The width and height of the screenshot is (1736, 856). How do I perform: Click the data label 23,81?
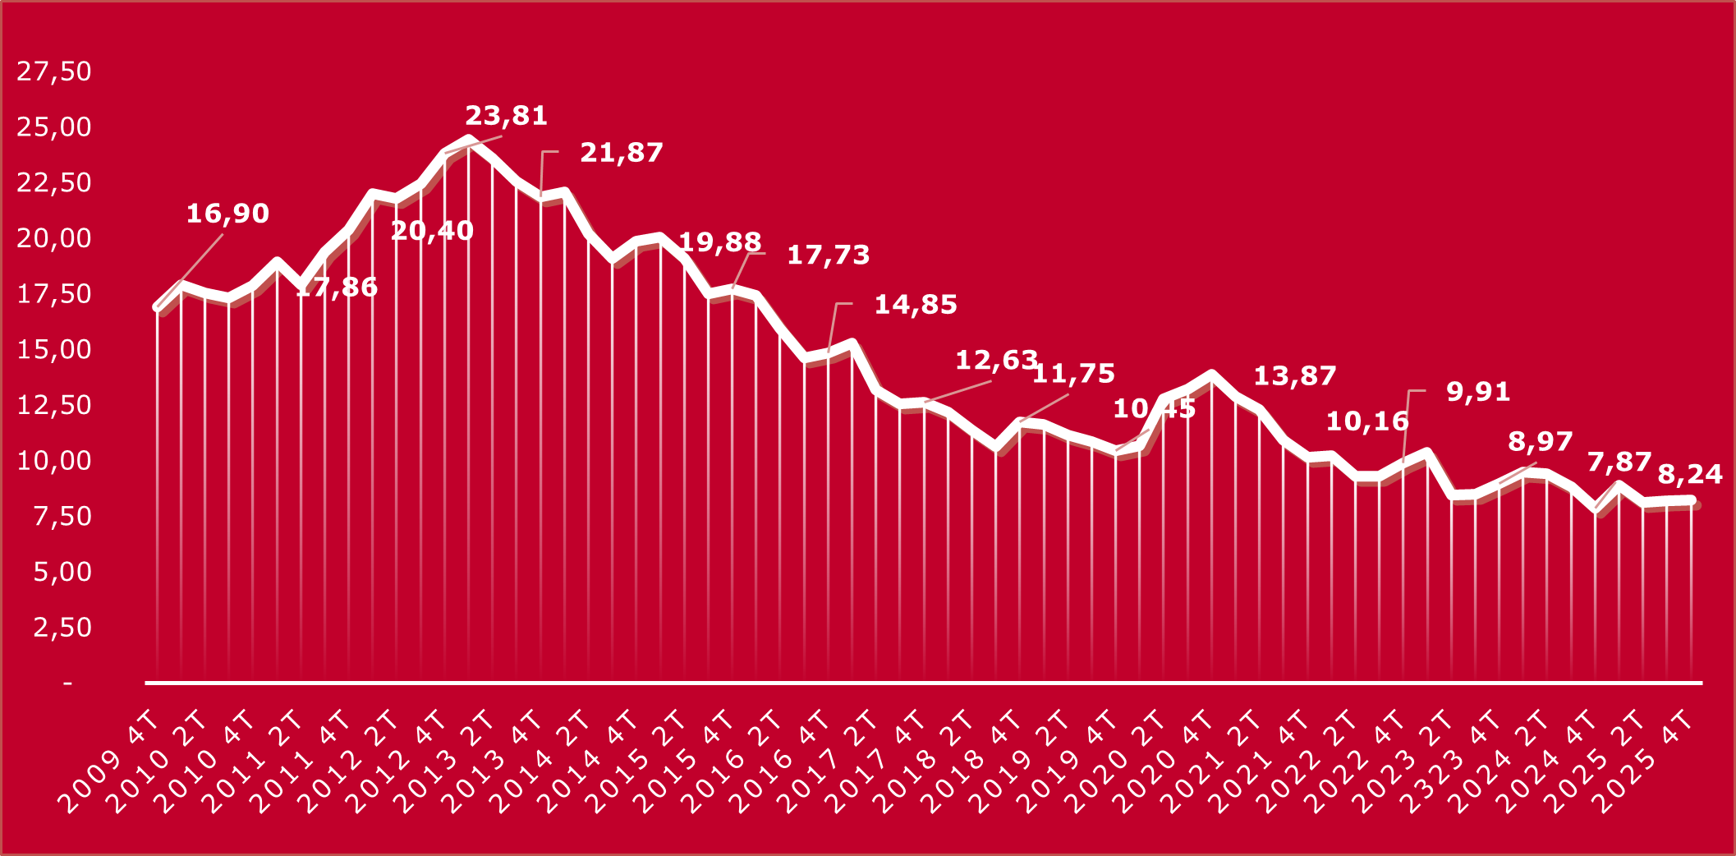(x=506, y=116)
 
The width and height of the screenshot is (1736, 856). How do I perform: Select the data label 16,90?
(x=227, y=214)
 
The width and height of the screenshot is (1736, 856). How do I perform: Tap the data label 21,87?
(x=621, y=153)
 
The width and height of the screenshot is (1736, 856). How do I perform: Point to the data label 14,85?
(x=915, y=305)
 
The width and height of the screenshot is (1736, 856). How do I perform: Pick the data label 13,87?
(x=1294, y=376)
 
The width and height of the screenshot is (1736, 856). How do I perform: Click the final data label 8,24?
(x=1689, y=474)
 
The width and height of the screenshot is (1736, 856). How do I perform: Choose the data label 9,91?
(x=1477, y=392)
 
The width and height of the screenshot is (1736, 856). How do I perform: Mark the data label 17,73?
(x=828, y=255)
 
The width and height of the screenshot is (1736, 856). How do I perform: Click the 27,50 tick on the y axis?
(x=54, y=71)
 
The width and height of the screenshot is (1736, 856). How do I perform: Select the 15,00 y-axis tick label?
(x=54, y=349)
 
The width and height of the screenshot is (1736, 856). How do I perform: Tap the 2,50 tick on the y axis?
(x=62, y=627)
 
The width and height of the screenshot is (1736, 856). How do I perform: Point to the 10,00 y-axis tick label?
(x=54, y=460)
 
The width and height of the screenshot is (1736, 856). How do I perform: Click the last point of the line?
(x=1691, y=500)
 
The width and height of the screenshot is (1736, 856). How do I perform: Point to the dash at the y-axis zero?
(x=67, y=683)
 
